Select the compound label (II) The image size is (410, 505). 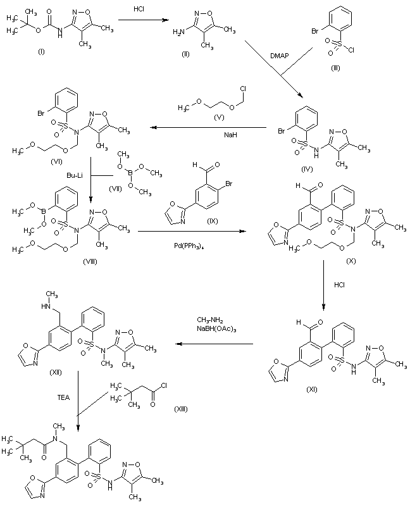coord(185,55)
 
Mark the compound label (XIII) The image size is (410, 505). coord(180,410)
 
